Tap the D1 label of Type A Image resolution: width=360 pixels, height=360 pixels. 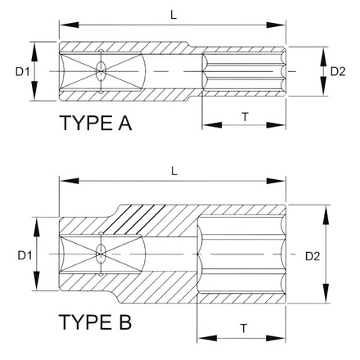(x=22, y=73)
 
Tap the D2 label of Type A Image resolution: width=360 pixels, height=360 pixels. (x=337, y=72)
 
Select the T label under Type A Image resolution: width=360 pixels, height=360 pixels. (x=245, y=118)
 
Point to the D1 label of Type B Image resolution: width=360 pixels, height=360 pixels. (x=23, y=255)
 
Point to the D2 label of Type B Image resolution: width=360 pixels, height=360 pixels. (x=311, y=256)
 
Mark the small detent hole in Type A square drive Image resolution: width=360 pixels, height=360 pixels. (x=101, y=72)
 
